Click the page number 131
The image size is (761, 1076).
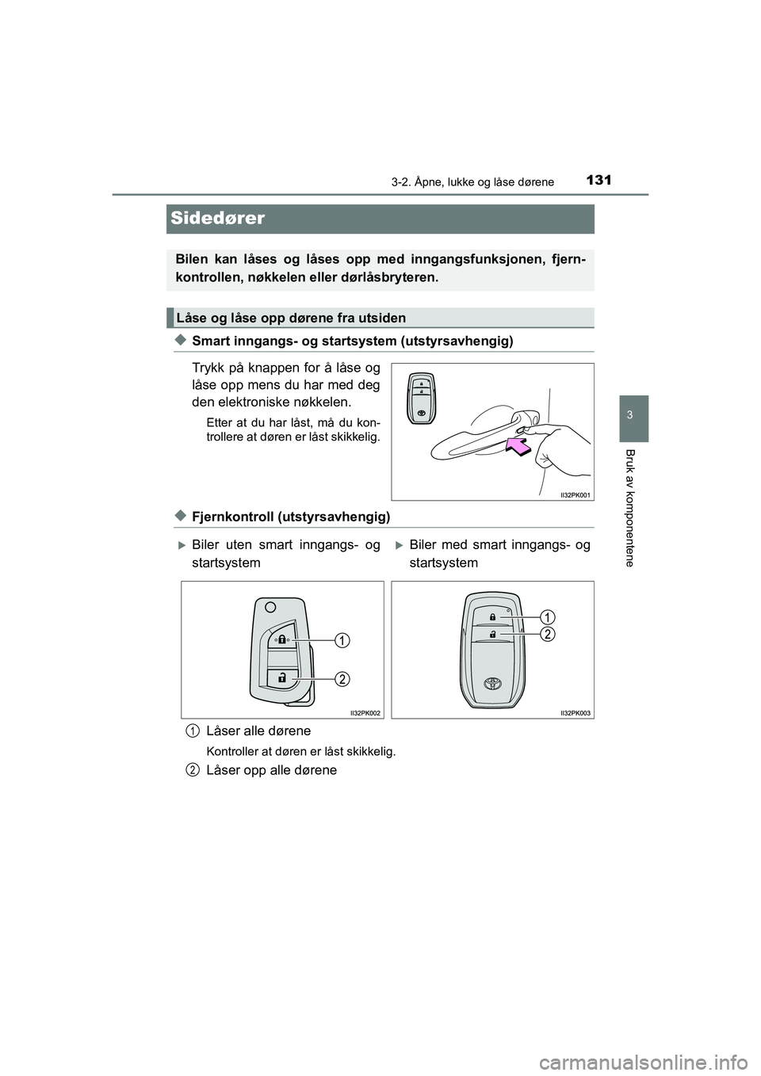pos(600,180)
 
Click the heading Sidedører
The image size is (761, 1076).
pos(217,219)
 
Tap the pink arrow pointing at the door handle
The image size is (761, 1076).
pos(515,447)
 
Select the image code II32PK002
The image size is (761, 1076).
pos(365,713)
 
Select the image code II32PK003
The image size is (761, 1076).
pos(576,713)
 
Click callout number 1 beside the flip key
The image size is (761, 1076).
pos(340,639)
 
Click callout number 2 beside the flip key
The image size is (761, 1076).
pos(340,678)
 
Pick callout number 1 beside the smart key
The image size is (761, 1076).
pos(548,616)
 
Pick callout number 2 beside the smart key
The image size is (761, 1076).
pos(548,634)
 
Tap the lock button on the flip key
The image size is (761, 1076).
pos(281,641)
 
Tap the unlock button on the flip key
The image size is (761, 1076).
pos(281,677)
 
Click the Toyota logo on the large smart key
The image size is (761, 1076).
pos(494,683)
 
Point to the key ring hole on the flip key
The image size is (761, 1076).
pos(270,607)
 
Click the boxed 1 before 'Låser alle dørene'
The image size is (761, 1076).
pos(193,730)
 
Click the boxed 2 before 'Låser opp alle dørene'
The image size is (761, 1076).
pos(193,769)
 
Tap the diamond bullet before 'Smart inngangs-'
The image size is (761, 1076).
pos(180,340)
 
